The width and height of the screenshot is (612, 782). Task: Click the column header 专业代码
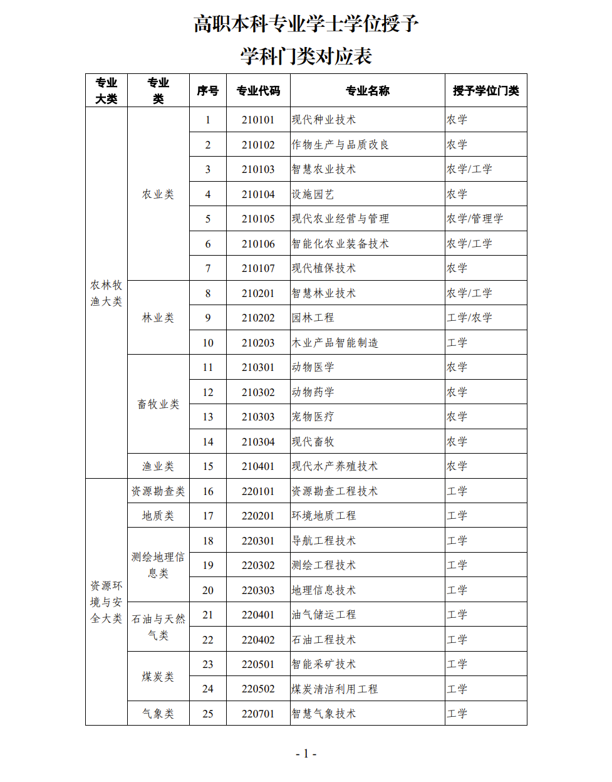point(258,91)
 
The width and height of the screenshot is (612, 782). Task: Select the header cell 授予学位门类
point(486,91)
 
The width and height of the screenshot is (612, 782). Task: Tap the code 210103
point(258,169)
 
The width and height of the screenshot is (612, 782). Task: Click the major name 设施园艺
point(313,194)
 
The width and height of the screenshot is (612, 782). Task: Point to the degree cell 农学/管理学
point(475,219)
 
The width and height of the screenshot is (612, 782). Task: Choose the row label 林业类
point(158,318)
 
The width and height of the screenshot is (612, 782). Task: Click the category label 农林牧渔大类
point(106,293)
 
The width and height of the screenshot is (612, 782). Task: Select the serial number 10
point(208,343)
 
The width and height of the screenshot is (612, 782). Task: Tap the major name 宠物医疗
point(313,417)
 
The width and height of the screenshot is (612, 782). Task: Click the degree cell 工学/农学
point(469,318)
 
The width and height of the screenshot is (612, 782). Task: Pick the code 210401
point(258,466)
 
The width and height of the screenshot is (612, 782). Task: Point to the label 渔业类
point(158,466)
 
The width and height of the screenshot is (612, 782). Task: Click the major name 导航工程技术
point(323,541)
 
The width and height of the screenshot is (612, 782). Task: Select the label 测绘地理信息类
point(158,565)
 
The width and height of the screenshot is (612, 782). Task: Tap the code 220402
point(258,640)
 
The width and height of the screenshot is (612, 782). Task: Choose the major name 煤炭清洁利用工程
point(335,689)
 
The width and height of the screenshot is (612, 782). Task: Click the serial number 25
point(208,714)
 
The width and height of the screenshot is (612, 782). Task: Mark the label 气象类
point(158,714)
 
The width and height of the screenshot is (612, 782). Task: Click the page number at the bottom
point(306,754)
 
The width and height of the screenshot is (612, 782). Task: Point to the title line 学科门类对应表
point(306,56)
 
